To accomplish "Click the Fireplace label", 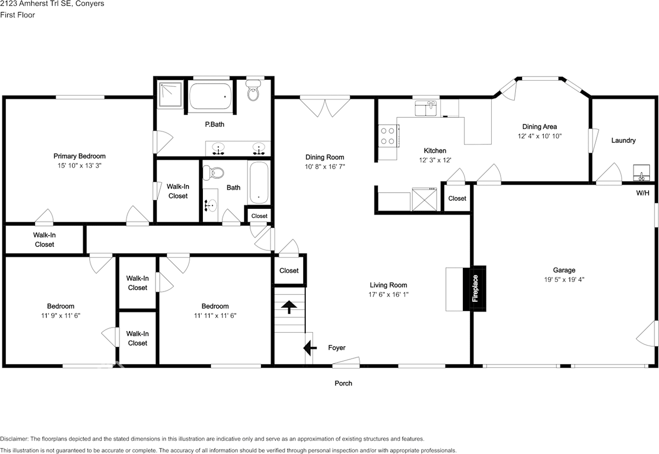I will [475, 288].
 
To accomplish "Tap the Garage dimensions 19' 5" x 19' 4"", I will [564, 280].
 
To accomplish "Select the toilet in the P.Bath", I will [253, 93].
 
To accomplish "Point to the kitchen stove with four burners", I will [387, 136].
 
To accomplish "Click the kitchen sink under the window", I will [426, 108].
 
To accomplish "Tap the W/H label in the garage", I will [643, 193].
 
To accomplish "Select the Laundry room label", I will [623, 140].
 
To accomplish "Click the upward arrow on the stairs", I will [289, 307].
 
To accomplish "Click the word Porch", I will [343, 384].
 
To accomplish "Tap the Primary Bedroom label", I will [79, 156].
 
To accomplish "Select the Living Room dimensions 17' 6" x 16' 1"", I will [388, 295].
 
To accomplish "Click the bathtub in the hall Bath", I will [258, 183].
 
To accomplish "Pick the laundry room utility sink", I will [641, 173].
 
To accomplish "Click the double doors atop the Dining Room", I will [325, 106].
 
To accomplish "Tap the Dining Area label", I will [539, 127].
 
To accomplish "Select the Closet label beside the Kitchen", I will [457, 198].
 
